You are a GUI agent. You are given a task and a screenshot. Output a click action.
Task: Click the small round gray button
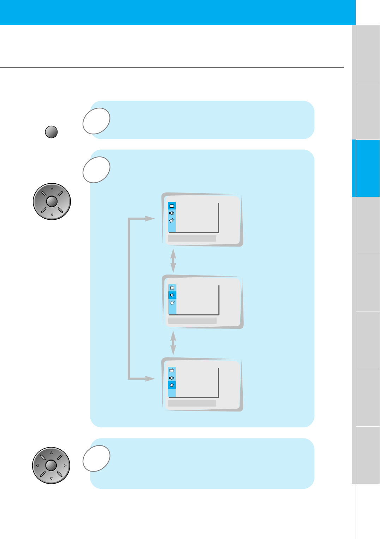52,132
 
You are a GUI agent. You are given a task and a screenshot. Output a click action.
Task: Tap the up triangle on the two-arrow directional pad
52,189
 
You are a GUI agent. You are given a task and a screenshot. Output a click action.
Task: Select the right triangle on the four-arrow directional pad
65,466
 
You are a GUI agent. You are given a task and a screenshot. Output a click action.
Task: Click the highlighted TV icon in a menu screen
172,206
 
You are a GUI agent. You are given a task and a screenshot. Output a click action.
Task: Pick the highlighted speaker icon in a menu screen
172,295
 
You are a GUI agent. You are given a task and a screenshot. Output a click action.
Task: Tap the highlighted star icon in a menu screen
172,385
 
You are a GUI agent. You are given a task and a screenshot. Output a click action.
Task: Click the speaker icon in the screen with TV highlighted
172,213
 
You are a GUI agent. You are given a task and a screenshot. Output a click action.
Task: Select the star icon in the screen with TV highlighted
172,220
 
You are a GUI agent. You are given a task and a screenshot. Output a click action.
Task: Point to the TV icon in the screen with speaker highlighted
172,288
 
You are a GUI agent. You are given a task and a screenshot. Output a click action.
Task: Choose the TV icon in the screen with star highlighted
172,371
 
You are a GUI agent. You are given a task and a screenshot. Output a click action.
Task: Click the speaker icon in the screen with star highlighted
172,378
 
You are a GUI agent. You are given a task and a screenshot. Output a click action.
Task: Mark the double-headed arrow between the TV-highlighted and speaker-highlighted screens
173,261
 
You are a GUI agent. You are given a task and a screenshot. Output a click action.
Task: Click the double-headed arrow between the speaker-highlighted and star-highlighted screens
173,343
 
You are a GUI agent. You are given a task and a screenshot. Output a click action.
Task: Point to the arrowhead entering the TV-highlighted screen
150,219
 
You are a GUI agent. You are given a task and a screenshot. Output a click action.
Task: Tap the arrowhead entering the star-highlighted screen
150,379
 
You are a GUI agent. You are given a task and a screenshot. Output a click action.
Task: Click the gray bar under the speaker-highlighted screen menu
192,321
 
